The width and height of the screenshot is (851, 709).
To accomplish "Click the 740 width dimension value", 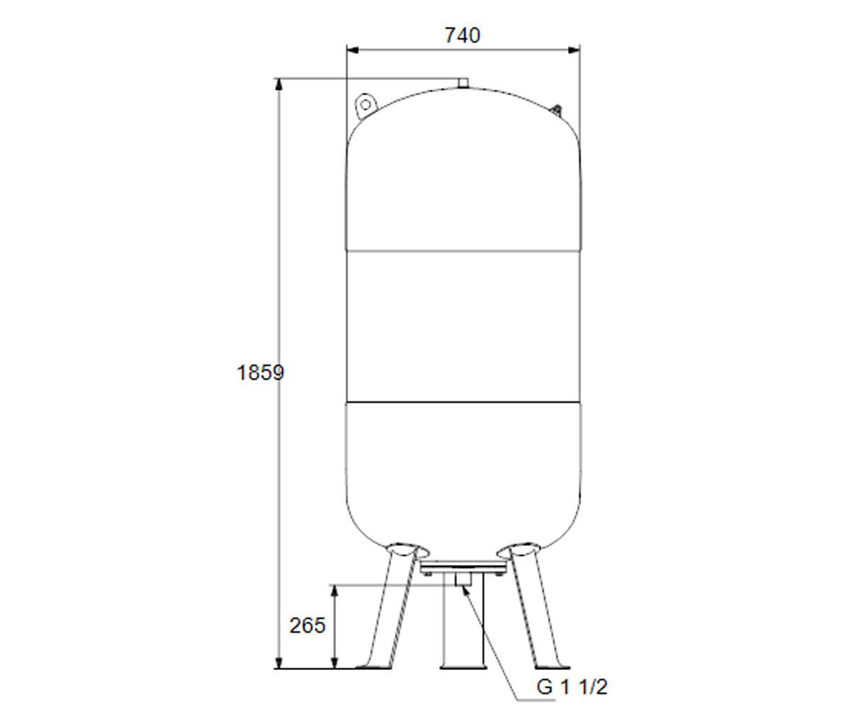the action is tap(462, 35).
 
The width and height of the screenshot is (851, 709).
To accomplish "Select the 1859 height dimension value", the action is tap(260, 373).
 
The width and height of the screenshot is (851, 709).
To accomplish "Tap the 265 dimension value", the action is tap(307, 625).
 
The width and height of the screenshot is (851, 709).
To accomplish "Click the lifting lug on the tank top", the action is tap(366, 105).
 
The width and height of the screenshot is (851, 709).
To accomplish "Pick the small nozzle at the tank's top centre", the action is tap(463, 83).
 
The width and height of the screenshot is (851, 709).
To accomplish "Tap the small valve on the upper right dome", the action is tap(556, 110).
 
